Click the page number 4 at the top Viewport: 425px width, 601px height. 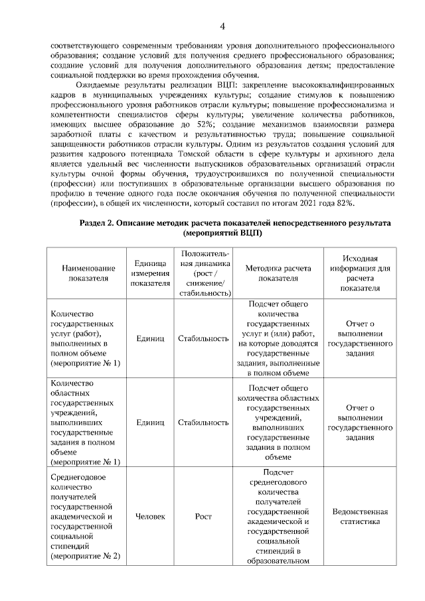click(x=222, y=26)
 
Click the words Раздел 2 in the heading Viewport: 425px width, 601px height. click(x=97, y=224)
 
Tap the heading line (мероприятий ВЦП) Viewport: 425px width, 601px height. click(x=222, y=234)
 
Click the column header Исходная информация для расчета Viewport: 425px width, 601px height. click(x=361, y=273)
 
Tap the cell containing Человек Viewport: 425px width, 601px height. click(x=149, y=516)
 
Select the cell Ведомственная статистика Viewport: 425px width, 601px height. click(x=361, y=516)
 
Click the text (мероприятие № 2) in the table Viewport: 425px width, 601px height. click(x=85, y=556)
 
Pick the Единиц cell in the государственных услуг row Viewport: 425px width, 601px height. click(x=149, y=338)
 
